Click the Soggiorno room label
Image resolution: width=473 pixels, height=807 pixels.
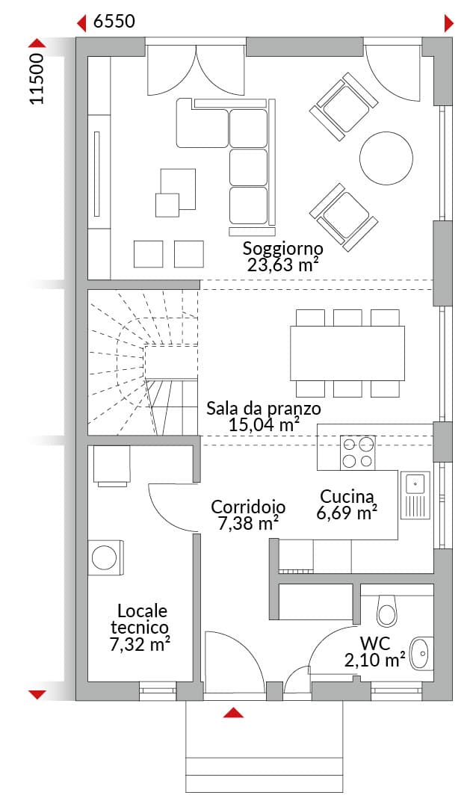[283, 249]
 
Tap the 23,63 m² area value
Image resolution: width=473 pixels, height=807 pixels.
[282, 265]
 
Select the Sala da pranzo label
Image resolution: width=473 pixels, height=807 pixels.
[264, 409]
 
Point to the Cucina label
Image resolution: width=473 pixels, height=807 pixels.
[347, 497]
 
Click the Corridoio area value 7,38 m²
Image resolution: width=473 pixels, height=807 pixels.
[249, 523]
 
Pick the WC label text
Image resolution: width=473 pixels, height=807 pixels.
[374, 643]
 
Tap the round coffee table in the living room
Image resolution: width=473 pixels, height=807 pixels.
[386, 158]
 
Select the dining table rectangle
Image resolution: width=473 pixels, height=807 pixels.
[347, 353]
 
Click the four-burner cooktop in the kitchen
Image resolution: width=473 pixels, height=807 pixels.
[357, 452]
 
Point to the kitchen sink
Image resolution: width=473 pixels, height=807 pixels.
[416, 495]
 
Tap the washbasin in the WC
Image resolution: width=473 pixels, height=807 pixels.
[421, 653]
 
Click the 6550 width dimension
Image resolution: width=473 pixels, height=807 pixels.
[114, 21]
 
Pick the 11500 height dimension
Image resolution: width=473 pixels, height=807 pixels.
[37, 78]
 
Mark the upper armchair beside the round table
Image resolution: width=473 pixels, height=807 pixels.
[342, 106]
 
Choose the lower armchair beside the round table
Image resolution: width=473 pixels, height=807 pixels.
[342, 217]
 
